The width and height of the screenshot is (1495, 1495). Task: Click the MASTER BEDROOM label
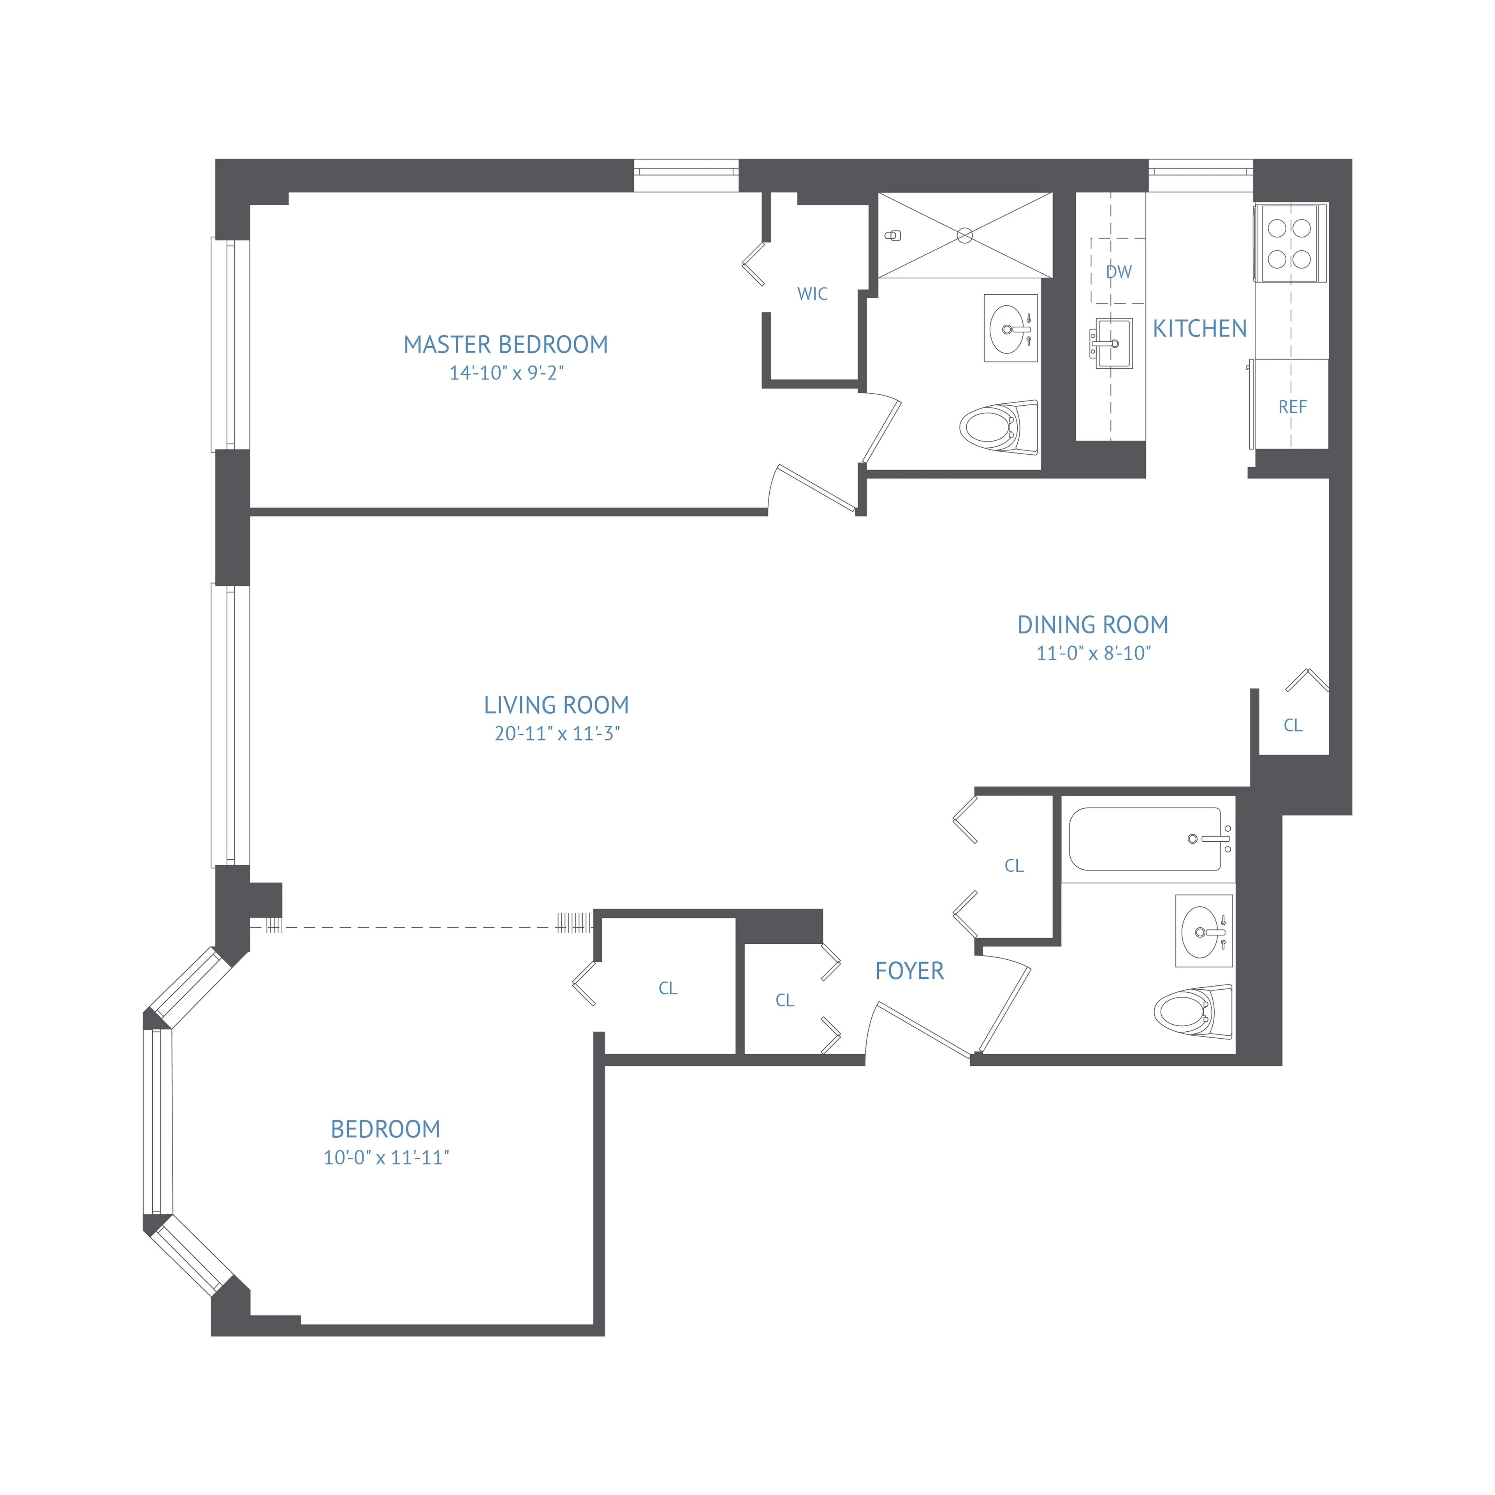click(505, 344)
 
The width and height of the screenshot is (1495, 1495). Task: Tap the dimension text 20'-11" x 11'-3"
click(557, 733)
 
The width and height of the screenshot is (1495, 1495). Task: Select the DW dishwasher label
click(1118, 272)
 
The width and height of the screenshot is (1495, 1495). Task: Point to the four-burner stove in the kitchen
click(1289, 243)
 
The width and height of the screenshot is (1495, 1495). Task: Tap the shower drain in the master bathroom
click(965, 235)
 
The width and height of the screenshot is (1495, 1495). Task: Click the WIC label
click(812, 294)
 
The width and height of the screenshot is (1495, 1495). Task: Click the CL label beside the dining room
click(1292, 725)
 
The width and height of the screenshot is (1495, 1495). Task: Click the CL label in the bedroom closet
click(667, 988)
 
